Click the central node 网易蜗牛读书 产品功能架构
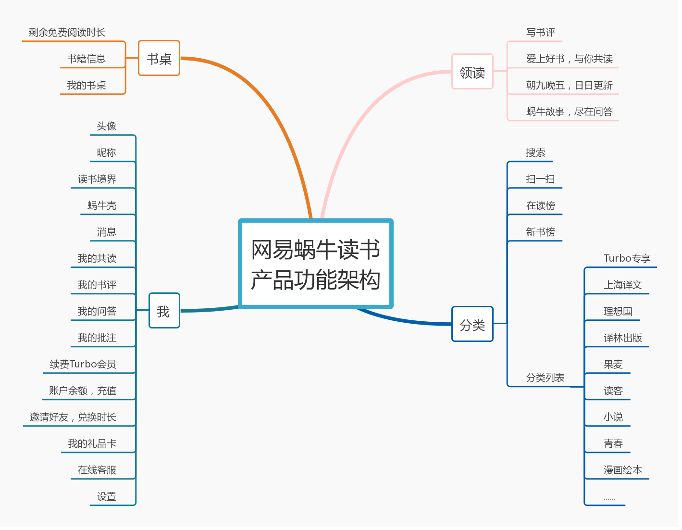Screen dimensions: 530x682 click(316, 264)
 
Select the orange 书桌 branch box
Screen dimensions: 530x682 click(159, 58)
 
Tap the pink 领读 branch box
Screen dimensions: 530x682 click(472, 72)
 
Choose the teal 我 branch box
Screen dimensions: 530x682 click(164, 311)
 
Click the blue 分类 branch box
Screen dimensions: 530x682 click(472, 324)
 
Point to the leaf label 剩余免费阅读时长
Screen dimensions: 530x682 click(67, 32)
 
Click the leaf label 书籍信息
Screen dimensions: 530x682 click(87, 59)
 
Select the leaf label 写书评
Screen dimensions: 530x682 click(540, 32)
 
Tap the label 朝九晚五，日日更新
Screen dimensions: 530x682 click(569, 85)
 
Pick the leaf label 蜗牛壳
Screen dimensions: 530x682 click(102, 205)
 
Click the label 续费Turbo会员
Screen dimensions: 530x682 click(83, 364)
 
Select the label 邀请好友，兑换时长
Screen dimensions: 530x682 click(73, 417)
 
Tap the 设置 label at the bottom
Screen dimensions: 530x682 click(107, 496)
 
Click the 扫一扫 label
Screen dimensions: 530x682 click(540, 179)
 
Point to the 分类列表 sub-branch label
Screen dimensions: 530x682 click(545, 378)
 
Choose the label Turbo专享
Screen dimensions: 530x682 click(627, 258)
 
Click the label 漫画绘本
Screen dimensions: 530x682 click(623, 470)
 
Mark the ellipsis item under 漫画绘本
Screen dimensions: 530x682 click(609, 498)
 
